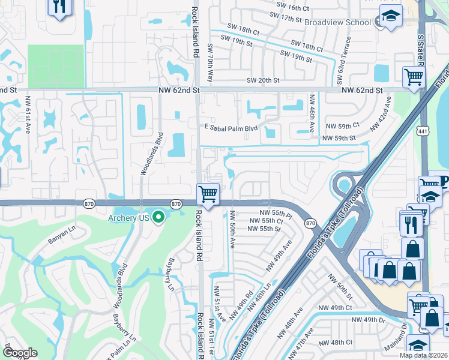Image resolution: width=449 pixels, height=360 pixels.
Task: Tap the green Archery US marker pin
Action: point(158,217)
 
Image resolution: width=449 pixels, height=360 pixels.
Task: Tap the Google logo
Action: point(20,353)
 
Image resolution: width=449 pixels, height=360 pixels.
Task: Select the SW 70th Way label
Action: point(210,62)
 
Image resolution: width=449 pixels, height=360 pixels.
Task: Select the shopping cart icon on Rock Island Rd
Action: point(208,194)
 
